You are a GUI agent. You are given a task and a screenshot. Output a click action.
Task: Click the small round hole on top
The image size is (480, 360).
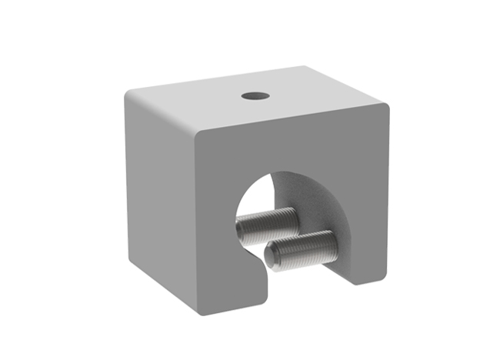tap(254, 96)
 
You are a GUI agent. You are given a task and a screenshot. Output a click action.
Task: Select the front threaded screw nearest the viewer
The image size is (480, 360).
tap(304, 249)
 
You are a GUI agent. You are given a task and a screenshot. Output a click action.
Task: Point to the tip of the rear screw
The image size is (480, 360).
tap(242, 230)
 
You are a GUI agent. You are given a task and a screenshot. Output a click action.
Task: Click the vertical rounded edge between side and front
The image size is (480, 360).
tap(195, 223)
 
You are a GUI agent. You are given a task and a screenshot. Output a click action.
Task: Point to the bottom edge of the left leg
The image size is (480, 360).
tap(231, 314)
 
